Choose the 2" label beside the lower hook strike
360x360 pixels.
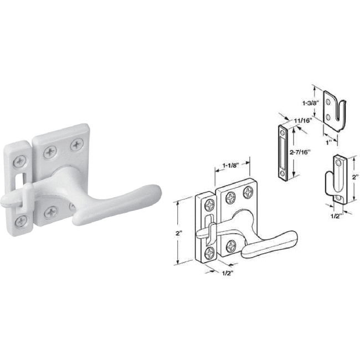(355, 178)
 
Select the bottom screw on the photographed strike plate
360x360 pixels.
(21, 220)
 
